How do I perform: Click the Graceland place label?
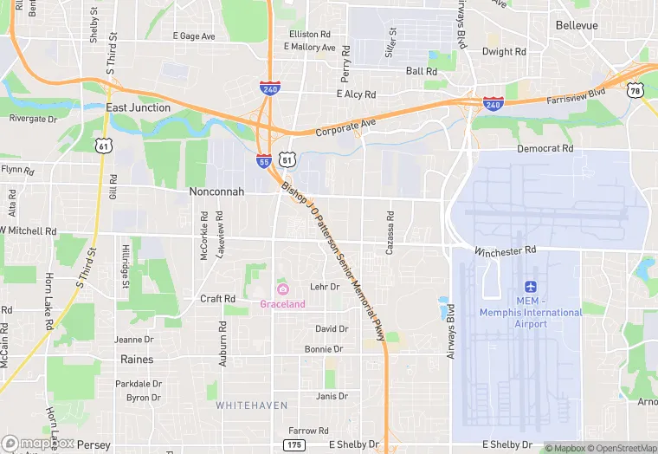[x=282, y=304]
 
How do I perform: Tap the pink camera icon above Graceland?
[x=282, y=289]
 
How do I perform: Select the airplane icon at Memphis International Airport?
[x=531, y=286]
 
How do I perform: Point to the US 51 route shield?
[x=287, y=159]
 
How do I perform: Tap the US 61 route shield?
[x=104, y=146]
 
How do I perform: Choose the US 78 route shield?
[x=635, y=90]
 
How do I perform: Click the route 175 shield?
[x=294, y=444]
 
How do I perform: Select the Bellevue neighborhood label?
[x=577, y=25]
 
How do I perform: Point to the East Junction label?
[x=138, y=107]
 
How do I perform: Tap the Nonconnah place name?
[x=216, y=191]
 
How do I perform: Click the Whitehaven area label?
[x=245, y=405]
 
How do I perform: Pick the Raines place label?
[x=137, y=359]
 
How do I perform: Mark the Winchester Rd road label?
[x=505, y=250]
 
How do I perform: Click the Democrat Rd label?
[x=545, y=148]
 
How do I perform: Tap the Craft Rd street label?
[x=217, y=299]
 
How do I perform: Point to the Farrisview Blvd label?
[x=576, y=96]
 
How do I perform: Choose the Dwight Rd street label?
[x=504, y=52]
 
